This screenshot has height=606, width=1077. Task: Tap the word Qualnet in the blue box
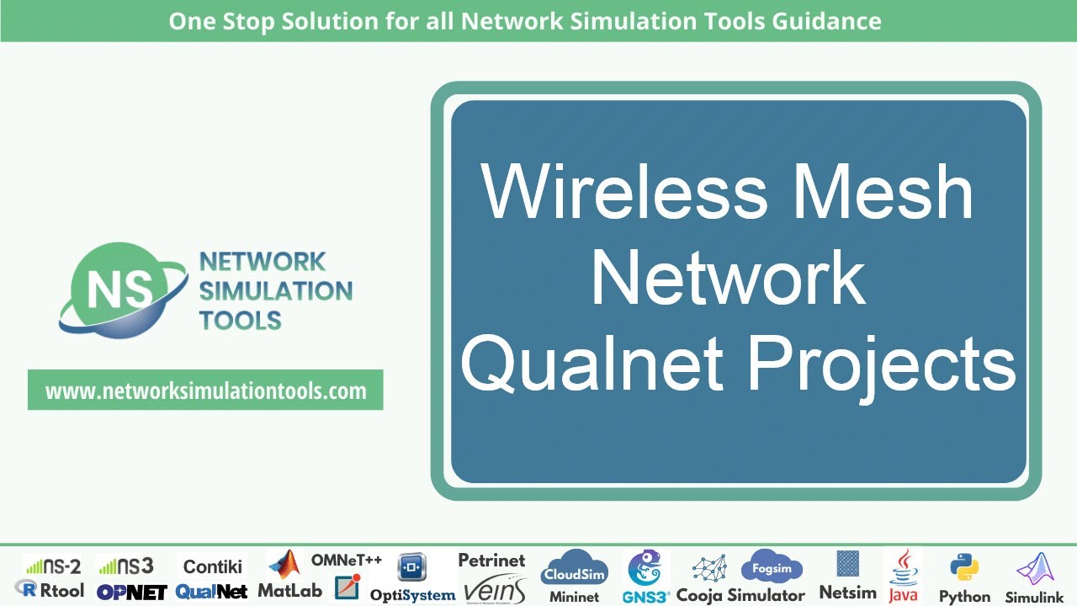[592, 363]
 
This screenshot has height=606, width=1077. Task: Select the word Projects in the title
[882, 364]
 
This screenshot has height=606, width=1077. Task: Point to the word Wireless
[624, 193]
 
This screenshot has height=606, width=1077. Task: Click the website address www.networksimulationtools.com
[205, 391]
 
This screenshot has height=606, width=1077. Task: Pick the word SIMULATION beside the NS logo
[275, 291]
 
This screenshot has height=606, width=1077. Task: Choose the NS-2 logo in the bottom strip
[52, 566]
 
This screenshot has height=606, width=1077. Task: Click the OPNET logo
[131, 592]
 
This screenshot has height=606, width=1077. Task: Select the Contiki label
[212, 566]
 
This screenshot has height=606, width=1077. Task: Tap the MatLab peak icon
[284, 565]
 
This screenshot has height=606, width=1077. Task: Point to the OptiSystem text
[412, 595]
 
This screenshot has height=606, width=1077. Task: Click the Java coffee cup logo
[904, 565]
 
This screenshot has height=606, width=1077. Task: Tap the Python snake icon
[963, 568]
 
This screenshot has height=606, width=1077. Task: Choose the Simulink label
[1035, 597]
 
